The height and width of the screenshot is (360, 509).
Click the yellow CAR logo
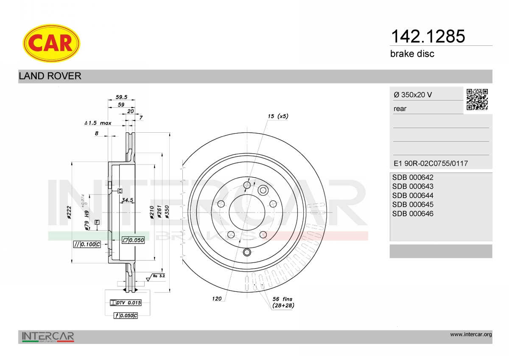point(51,43)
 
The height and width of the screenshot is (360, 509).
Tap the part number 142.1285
point(428,36)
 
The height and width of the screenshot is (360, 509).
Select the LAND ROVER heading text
point(50,76)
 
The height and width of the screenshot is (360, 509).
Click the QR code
point(477,100)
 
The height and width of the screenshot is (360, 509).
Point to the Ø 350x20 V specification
point(413,95)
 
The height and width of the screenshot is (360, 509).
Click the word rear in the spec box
point(400,109)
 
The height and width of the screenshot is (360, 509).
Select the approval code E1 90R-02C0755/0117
point(431,163)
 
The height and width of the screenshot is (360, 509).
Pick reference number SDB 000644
point(413,195)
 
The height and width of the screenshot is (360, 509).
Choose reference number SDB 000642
point(413,177)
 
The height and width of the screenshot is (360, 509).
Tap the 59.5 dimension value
point(121,97)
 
